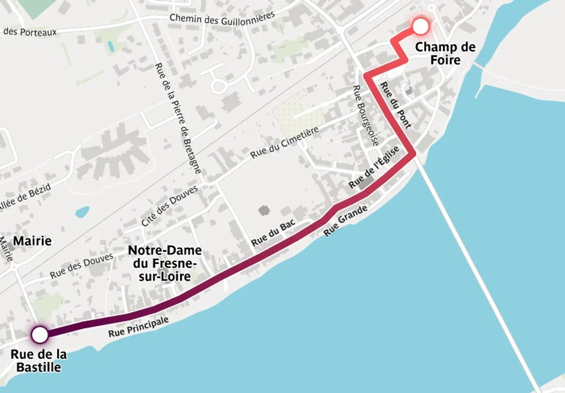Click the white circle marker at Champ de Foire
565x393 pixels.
click(421, 26)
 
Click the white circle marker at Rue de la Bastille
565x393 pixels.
click(40, 335)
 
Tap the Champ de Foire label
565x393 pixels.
click(445, 53)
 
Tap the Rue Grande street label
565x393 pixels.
click(346, 221)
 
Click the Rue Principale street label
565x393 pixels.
click(138, 326)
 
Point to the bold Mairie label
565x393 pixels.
click(32, 241)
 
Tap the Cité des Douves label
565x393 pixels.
click(169, 206)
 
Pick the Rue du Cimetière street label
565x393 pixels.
click(285, 142)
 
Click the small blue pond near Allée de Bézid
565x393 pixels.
click(82, 211)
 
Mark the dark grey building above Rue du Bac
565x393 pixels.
click(264, 210)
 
